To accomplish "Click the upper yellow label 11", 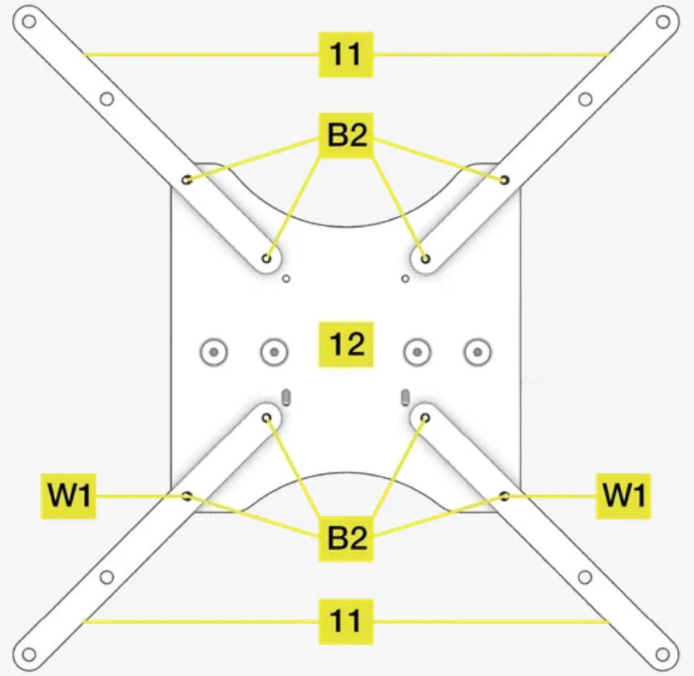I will [x=346, y=54].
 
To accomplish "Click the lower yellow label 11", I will [x=346, y=620].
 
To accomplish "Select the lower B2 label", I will [x=347, y=538].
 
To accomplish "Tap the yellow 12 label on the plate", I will [x=347, y=344].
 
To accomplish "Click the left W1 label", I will [x=68, y=496].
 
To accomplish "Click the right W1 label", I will [x=623, y=496].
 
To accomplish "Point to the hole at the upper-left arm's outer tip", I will [x=29, y=21].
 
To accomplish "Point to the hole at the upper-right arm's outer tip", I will [x=662, y=21].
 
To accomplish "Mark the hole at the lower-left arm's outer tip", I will [x=29, y=654].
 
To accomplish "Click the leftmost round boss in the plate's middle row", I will [x=214, y=351].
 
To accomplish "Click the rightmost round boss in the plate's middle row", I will [x=477, y=351].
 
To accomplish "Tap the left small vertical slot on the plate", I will [x=287, y=395].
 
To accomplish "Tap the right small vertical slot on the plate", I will [x=405, y=395].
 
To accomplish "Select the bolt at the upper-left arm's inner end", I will [x=267, y=259].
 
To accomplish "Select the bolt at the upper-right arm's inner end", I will [x=425, y=259].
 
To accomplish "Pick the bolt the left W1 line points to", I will [x=187, y=496].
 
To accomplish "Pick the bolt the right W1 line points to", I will [x=504, y=496].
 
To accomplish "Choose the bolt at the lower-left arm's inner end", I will [x=267, y=419].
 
